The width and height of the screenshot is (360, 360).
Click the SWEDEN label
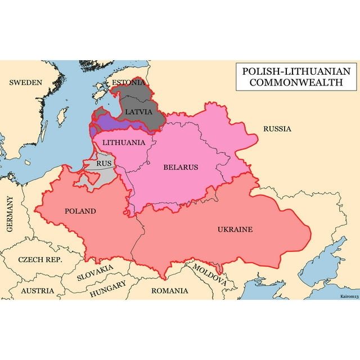[25, 83]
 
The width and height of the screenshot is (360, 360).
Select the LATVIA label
[138, 111]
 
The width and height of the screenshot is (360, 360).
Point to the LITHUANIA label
[124, 143]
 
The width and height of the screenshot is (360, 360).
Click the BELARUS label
[181, 167]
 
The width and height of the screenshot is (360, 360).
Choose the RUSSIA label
[277, 129]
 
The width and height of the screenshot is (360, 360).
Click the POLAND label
[80, 211]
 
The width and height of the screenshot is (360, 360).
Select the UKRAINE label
[235, 229]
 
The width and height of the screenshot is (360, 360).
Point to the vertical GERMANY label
[10, 214]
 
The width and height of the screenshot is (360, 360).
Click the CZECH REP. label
[40, 260]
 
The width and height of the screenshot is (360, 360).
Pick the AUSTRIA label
[38, 291]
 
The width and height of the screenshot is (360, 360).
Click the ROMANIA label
[169, 291]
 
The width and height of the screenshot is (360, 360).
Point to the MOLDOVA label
[210, 273]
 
